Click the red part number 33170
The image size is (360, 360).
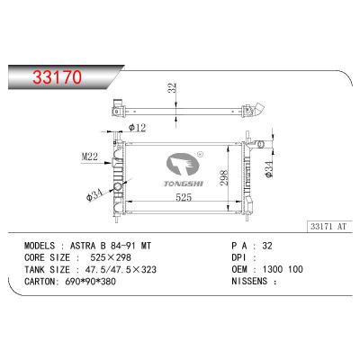[57, 76]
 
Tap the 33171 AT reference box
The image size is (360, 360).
[329, 226]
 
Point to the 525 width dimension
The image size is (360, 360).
[184, 197]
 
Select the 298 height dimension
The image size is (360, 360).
[224, 177]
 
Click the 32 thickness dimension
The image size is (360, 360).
[172, 87]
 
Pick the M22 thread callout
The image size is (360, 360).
[89, 156]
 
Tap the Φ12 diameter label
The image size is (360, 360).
[137, 128]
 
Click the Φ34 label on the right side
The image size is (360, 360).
[269, 169]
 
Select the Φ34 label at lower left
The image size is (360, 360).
[94, 195]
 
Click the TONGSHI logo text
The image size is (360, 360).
[184, 184]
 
